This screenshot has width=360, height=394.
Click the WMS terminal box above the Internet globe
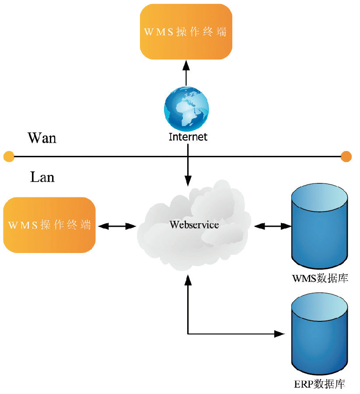coord(186,32)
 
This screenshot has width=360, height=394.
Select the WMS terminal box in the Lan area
coord(49,225)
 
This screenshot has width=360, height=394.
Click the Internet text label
coord(188,137)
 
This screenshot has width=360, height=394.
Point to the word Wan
coord(42,137)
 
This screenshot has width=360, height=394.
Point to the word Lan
coord(42,177)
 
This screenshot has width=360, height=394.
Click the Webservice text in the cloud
coord(194,225)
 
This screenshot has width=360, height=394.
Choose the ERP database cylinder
coord(320,333)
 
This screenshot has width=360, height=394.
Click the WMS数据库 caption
coord(320,278)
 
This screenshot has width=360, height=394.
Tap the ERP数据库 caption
coord(320,385)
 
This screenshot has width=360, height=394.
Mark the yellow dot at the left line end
coord(8,156)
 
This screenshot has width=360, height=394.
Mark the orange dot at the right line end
coord(346,156)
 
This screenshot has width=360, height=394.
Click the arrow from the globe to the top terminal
coord(186,73)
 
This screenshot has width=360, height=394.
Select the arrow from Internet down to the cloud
coord(188,166)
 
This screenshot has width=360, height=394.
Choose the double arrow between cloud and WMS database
coord(273,226)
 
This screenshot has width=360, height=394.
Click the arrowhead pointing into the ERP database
coord(280,334)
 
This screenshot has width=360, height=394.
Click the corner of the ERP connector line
coord(188,334)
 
